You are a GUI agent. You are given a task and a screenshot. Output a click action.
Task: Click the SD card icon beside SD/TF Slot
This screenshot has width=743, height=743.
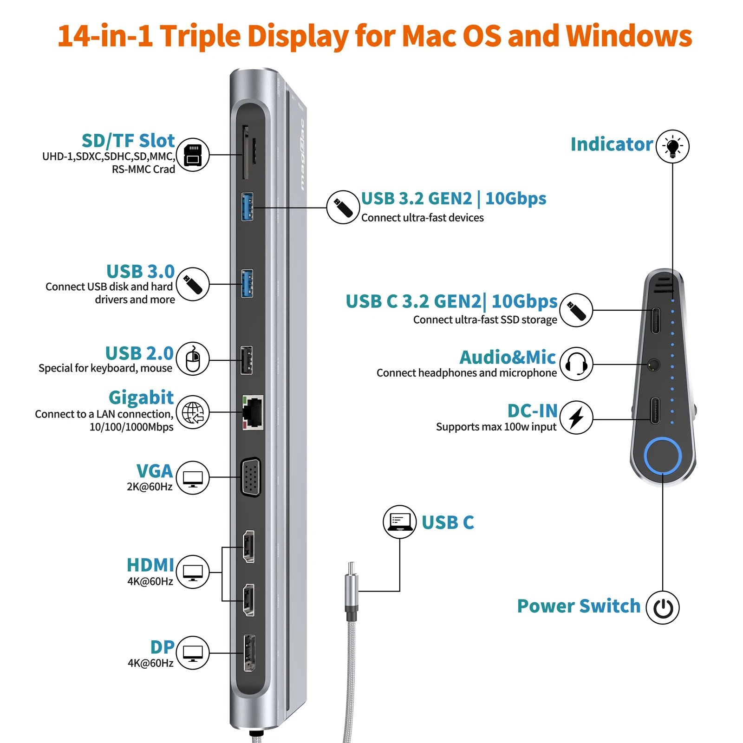pos(193,155)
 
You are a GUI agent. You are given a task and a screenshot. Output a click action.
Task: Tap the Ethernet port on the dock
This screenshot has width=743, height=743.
pos(253,412)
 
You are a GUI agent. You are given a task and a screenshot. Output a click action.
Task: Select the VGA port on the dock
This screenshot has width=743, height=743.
pos(251,477)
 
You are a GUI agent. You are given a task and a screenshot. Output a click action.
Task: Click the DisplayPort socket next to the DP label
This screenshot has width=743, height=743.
pos(249,652)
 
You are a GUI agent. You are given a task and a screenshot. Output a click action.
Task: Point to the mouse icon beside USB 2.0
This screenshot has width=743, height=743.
pos(193,359)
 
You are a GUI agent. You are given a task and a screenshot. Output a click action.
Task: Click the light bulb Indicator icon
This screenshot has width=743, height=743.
pos(672,146)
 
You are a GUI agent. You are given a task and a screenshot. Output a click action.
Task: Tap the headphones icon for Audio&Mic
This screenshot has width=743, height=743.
pos(576,364)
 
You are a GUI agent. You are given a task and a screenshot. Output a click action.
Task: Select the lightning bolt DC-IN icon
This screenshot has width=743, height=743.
pos(576,417)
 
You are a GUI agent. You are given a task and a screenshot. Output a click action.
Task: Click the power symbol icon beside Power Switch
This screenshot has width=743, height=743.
pos(663,607)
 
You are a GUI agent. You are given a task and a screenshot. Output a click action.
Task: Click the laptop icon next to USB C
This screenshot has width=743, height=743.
pos(399,522)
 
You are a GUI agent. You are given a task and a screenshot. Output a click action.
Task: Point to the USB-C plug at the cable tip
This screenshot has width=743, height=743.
pos(352,569)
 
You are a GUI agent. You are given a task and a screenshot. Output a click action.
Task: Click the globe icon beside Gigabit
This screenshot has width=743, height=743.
pos(193,412)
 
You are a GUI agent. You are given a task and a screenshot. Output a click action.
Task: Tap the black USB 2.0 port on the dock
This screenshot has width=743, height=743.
pos(247,360)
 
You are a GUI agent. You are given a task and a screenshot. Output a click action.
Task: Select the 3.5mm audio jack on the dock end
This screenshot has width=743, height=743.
pos(654,365)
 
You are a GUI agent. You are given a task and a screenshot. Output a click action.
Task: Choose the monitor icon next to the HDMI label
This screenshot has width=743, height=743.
pos(193,572)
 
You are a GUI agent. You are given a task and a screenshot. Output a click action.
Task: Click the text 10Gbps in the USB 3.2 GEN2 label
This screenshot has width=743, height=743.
pos(516,198)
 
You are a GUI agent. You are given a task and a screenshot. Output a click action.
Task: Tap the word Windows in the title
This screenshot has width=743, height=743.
pos(629,36)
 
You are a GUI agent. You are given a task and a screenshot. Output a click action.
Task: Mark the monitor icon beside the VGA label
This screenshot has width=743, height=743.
pos(193,477)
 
